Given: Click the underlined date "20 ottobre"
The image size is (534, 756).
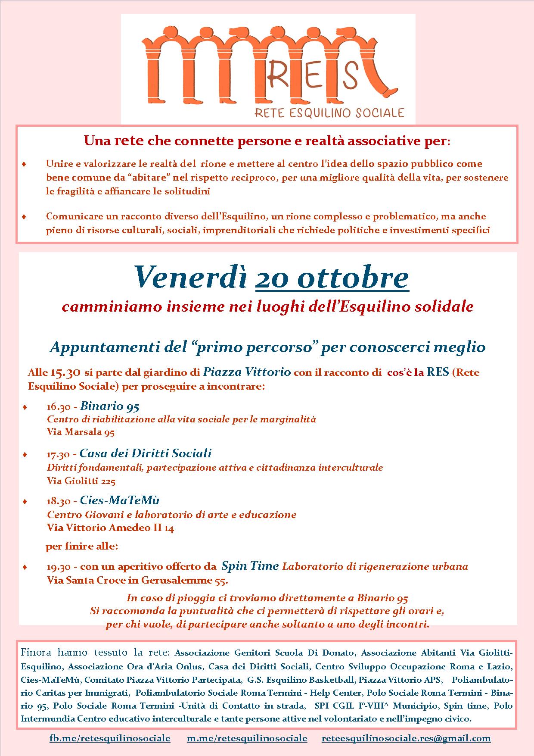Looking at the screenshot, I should pos(332,278).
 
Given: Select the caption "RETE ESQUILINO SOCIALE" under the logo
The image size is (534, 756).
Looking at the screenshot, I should pos(329,113).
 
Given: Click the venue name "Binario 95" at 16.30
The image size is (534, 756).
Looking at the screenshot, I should pos(109,406).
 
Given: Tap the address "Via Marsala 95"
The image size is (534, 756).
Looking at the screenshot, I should pos(81,432).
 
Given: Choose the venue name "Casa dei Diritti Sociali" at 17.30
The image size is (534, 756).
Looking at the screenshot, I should pos(146,453).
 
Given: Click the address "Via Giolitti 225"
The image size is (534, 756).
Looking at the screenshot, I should pos(81,481).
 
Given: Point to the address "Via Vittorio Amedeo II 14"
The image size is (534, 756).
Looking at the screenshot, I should pos(110,528).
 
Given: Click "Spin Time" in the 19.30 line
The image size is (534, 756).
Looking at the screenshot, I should pos(250,566).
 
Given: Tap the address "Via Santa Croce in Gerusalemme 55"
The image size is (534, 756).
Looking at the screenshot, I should pos(137,581).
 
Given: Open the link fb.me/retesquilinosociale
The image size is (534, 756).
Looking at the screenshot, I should pos(110,738).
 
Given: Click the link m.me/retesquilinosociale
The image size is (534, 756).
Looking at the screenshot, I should pos(247,738).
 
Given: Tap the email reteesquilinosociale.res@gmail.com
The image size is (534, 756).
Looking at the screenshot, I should pos(406,738).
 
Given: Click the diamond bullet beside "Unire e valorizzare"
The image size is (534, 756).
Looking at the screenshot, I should pos(24,164).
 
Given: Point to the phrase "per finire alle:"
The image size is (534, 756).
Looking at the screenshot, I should pos(82,547).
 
